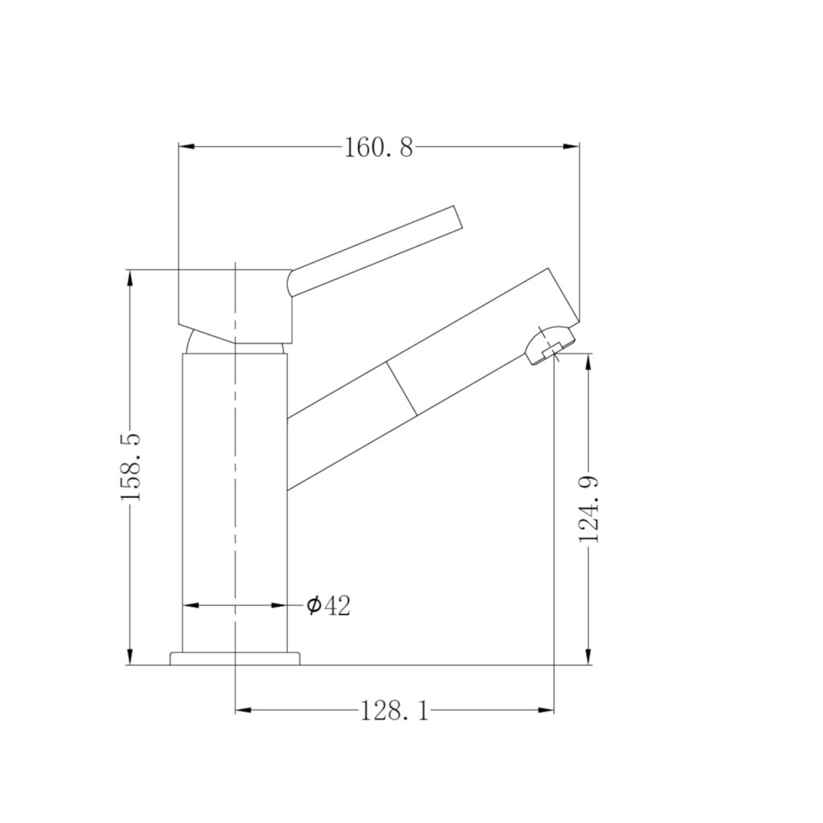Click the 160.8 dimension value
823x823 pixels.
(x=378, y=147)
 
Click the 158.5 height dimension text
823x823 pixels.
(x=130, y=466)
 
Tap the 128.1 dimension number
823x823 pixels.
(x=394, y=710)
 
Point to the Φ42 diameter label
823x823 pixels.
(x=329, y=605)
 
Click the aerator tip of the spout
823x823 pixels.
(x=550, y=343)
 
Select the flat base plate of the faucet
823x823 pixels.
(x=235, y=659)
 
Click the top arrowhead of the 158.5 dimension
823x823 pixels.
(x=129, y=278)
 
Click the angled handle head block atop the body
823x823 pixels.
(x=233, y=301)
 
